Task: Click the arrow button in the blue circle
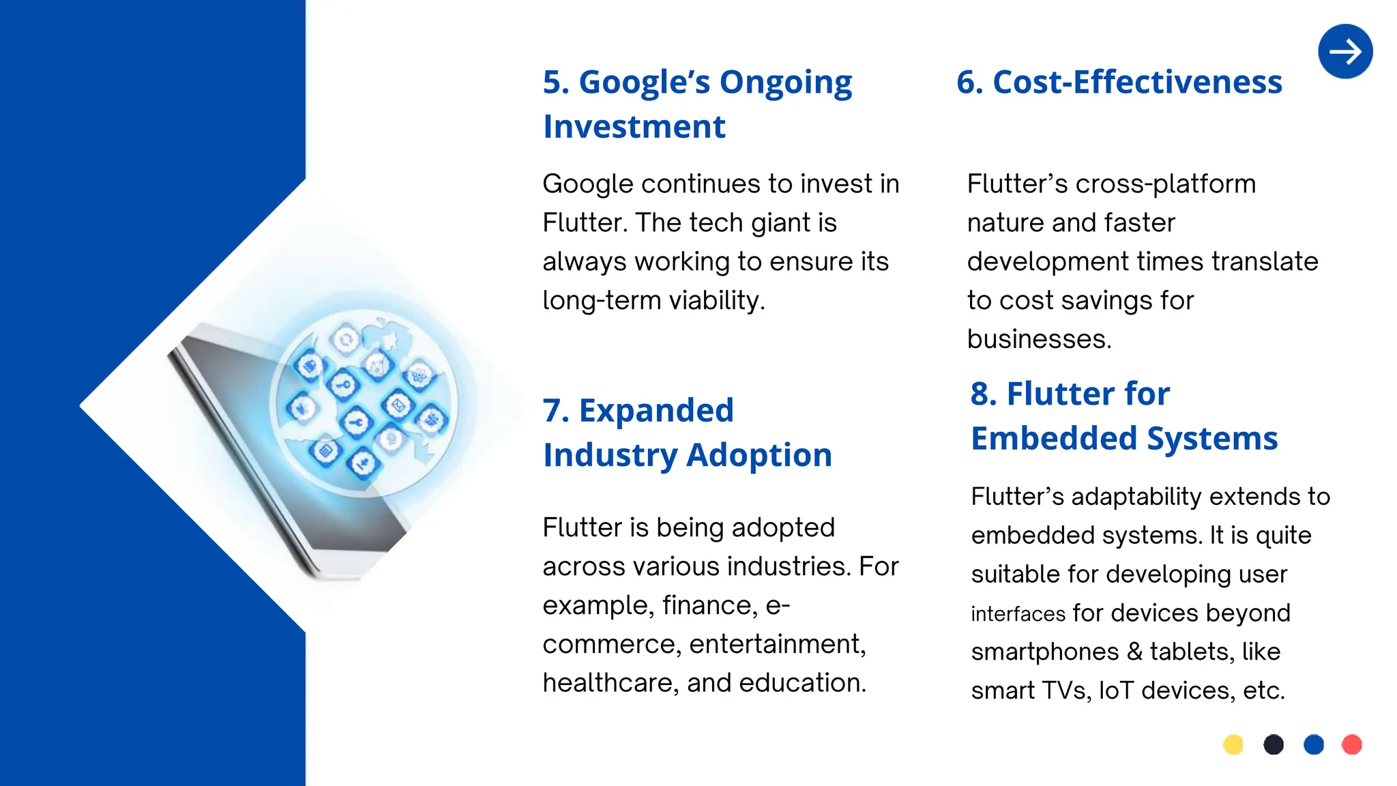1345,52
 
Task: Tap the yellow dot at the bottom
1233,744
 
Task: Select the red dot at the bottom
1351,744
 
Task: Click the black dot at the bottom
1274,744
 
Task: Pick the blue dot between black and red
1313,744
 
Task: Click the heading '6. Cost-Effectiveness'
1119,82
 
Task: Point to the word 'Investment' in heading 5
634,127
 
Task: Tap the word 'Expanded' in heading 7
656,411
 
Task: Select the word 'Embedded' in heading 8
1054,438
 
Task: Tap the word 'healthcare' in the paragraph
611,683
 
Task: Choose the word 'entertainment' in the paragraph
777,644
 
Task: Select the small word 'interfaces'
1018,614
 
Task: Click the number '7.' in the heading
557,411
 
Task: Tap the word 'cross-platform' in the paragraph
1165,184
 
